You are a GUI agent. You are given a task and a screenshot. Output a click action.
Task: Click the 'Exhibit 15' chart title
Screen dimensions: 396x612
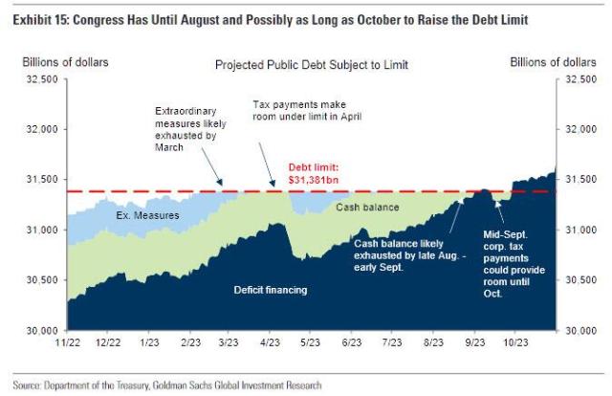point(287,19)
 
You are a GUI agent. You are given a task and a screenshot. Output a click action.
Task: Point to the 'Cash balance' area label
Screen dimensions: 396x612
point(367,207)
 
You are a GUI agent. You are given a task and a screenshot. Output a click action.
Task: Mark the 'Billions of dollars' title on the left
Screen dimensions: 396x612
point(66,62)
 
